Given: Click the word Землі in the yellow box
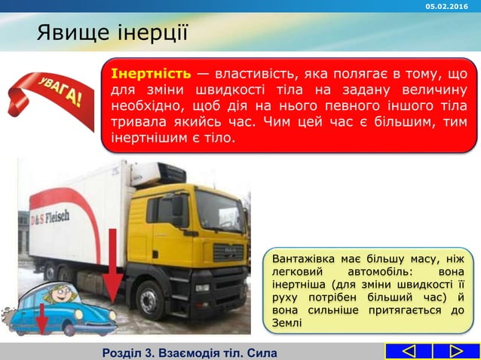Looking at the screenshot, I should click(x=286, y=323).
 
